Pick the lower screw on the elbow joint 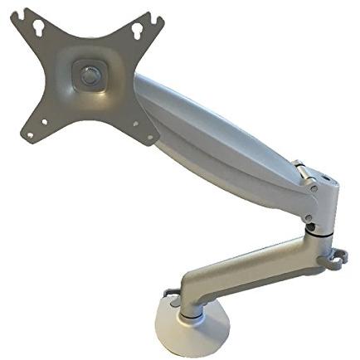point(309,219)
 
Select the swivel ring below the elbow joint point(319,234)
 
